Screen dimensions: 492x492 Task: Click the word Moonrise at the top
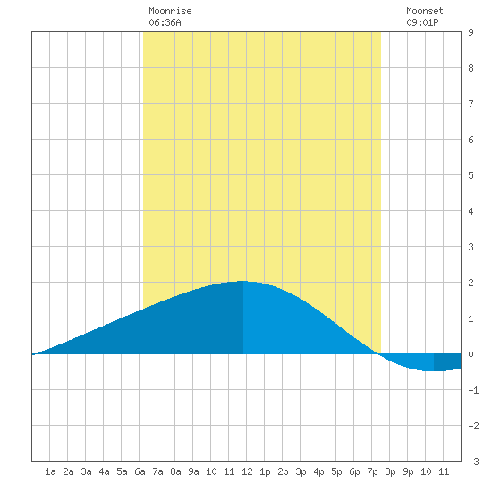click(170, 11)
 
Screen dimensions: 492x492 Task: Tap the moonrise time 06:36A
click(165, 22)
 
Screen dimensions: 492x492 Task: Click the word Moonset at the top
click(425, 11)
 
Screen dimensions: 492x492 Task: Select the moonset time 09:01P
click(422, 22)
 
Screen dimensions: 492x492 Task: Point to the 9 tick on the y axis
click(471, 32)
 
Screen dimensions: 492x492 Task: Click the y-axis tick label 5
click(471, 175)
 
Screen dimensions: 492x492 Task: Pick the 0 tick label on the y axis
click(471, 354)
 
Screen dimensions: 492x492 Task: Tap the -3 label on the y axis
click(473, 462)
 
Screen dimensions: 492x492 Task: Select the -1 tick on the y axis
click(473, 390)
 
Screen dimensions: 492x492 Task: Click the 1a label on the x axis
click(50, 471)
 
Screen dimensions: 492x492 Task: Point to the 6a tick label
click(140, 471)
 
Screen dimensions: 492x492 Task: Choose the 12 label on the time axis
click(247, 471)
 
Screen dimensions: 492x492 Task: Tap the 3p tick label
click(301, 471)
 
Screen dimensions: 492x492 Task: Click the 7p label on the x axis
click(372, 471)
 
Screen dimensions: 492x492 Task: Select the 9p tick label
click(408, 471)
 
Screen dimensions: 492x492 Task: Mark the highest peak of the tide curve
click(242, 281)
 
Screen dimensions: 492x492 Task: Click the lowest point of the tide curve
click(434, 371)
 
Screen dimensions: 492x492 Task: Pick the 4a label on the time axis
click(104, 471)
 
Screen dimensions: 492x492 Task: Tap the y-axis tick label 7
click(471, 104)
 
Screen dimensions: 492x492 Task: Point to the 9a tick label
click(193, 471)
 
